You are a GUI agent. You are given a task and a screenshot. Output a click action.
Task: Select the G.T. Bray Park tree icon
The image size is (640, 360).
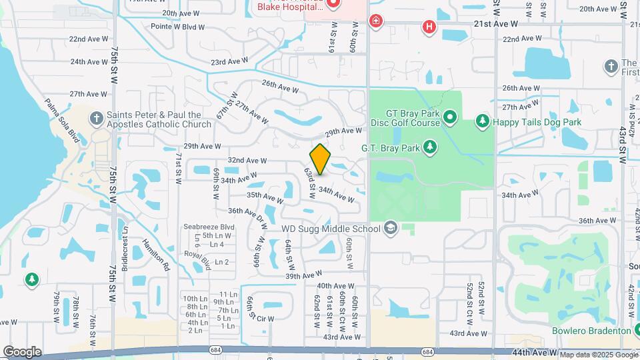coord(431,146)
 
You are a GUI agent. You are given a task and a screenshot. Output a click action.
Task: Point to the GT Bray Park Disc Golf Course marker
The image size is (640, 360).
coord(450,117)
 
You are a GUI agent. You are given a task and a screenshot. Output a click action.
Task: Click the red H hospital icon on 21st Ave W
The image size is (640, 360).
coord(429,27)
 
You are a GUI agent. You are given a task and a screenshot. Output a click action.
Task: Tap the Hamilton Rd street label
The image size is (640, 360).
coord(156,253)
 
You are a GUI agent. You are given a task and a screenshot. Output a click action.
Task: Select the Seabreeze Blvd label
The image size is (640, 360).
coord(209,227)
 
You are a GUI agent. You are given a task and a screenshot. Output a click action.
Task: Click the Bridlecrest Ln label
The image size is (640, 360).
coord(125,249)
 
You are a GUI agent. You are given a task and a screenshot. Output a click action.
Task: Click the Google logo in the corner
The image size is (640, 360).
coord(22,352)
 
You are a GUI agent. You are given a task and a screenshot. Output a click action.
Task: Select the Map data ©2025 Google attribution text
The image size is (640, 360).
coord(599,355)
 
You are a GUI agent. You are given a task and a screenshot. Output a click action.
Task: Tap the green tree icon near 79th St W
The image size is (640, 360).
coord(31,279)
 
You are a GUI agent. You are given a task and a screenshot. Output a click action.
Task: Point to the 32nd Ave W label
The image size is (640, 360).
coord(247,161)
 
